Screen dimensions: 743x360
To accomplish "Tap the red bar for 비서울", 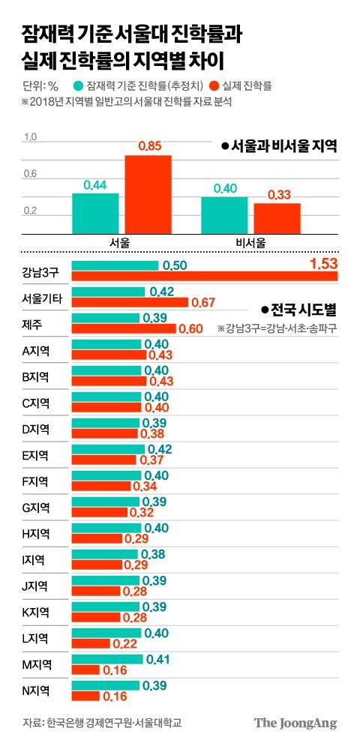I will (x=277, y=218).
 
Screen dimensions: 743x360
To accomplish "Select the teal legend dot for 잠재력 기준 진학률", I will (x=78, y=86).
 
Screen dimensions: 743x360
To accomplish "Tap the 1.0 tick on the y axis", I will (x=31, y=137).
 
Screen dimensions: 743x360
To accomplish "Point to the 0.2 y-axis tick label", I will (x=31, y=211).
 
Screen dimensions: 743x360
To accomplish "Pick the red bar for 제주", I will (x=124, y=329).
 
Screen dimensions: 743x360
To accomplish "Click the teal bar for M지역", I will (x=107, y=659).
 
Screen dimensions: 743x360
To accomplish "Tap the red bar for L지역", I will (x=91, y=644).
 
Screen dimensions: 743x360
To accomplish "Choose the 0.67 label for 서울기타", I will (x=203, y=302).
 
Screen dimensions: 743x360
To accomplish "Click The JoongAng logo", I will (x=295, y=723).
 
